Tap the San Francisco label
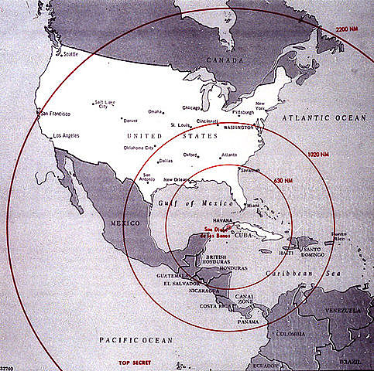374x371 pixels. [55, 114]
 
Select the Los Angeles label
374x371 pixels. [65, 137]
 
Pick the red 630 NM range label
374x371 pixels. [284, 180]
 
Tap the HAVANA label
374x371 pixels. [222, 219]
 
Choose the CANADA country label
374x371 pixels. [224, 59]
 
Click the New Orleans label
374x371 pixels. [178, 180]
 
